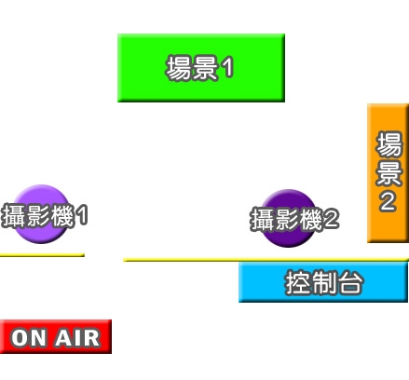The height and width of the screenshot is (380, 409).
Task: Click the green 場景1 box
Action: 201,68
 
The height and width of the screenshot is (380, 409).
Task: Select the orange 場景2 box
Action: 388,173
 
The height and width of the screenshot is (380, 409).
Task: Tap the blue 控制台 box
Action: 323,281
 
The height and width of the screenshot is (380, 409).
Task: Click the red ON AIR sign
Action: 56,336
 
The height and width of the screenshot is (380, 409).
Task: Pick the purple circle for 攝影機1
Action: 41,214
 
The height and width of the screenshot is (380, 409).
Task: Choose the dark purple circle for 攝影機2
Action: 288,218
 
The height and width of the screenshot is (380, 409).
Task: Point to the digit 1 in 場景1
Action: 227,68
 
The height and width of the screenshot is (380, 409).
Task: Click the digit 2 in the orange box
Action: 388,202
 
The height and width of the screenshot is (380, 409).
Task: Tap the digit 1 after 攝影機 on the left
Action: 82,215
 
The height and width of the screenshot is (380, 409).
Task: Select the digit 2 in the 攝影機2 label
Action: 330,219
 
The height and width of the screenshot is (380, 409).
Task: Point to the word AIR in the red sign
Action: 77,338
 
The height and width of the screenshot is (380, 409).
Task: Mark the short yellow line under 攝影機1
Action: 42,255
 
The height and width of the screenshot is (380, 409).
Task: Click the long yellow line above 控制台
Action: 266,260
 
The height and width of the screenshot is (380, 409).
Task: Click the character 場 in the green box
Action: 179,68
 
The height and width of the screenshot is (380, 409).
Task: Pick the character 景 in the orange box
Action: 389,173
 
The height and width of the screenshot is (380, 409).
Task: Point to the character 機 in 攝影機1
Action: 63,215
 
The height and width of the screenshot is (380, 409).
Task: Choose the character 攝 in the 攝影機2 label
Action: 262,220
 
